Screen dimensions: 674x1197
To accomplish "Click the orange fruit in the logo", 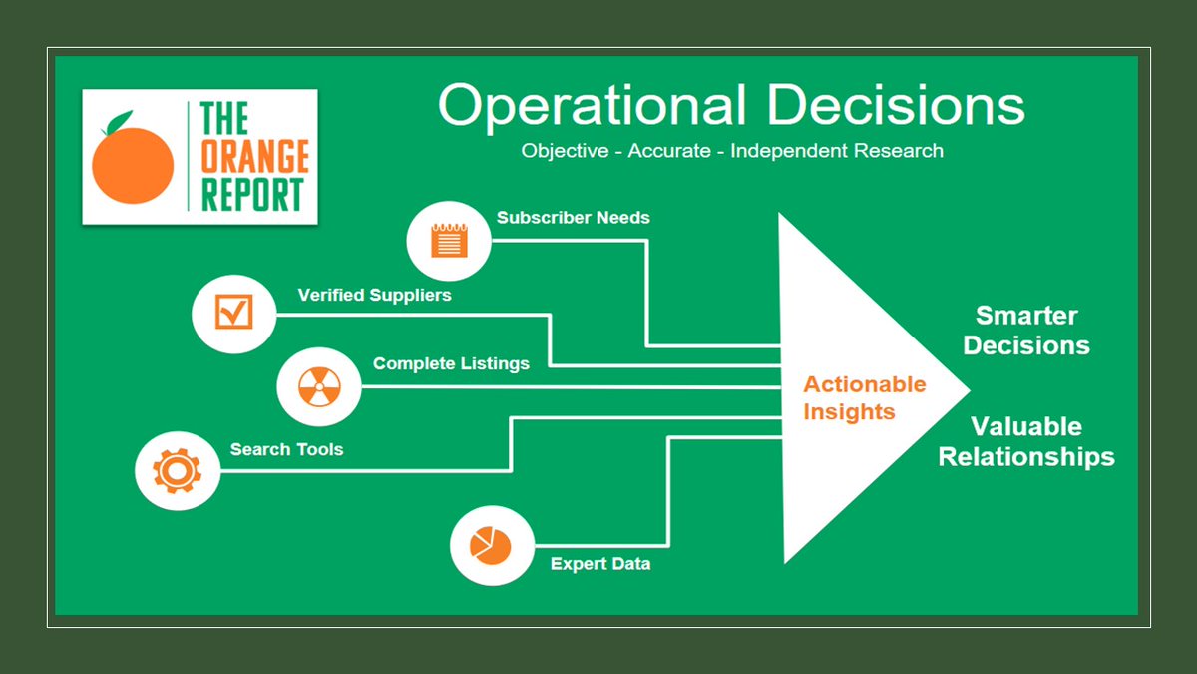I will coord(133,164).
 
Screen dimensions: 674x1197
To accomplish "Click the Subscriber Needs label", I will coord(573,217).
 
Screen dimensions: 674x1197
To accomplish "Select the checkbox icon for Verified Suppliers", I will coord(233,313).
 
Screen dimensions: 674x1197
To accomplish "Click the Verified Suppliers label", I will coord(374,295).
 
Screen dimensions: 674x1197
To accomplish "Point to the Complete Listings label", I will coord(451,363).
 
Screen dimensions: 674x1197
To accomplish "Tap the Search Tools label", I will coord(286,449).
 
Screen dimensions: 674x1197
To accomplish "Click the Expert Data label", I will coord(600,564).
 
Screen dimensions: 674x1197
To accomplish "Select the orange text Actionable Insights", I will coord(864,397).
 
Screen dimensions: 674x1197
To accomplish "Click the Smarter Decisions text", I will coord(1026,331).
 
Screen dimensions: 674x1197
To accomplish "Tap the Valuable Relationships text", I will coord(1026,441).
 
